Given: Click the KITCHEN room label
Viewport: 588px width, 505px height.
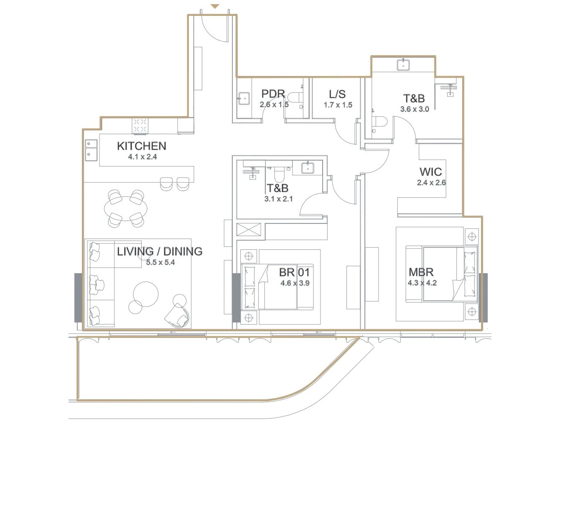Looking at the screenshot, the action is click(141, 146).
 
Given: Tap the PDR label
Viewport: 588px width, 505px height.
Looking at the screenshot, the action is click(273, 94).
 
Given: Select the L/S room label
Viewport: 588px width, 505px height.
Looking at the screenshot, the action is click(337, 94).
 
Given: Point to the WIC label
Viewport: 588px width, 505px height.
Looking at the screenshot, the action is click(430, 172).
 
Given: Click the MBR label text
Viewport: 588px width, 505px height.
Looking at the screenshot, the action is click(421, 272).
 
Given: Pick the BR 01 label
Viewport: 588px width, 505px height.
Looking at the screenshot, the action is click(294, 272).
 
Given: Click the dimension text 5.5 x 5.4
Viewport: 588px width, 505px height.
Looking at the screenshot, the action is click(160, 262).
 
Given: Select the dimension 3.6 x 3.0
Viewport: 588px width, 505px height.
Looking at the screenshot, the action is click(415, 109).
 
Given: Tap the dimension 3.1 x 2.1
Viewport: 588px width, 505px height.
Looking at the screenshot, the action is click(278, 199).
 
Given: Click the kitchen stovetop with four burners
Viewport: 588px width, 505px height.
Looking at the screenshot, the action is click(140, 126).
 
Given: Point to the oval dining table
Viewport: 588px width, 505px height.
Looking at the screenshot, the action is click(126, 209).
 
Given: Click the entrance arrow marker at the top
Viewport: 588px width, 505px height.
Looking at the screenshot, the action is click(215, 6).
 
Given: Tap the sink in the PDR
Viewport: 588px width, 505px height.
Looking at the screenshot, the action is click(244, 99).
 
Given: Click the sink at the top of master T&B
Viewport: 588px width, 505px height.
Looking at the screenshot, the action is click(403, 65).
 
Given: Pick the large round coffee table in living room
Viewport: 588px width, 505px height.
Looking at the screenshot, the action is click(146, 294).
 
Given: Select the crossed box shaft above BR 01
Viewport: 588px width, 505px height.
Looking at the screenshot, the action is click(249, 230).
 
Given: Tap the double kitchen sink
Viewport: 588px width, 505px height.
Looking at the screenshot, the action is click(91, 150).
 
